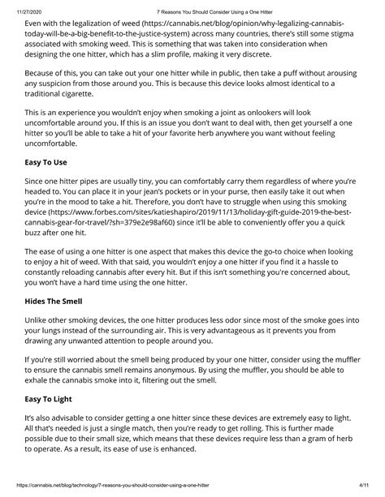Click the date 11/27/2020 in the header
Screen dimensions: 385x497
pyautogui.click(x=17, y=6)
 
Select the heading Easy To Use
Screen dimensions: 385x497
pyautogui.click(x=52, y=161)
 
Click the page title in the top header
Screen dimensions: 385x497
pyautogui.click(x=193, y=6)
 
